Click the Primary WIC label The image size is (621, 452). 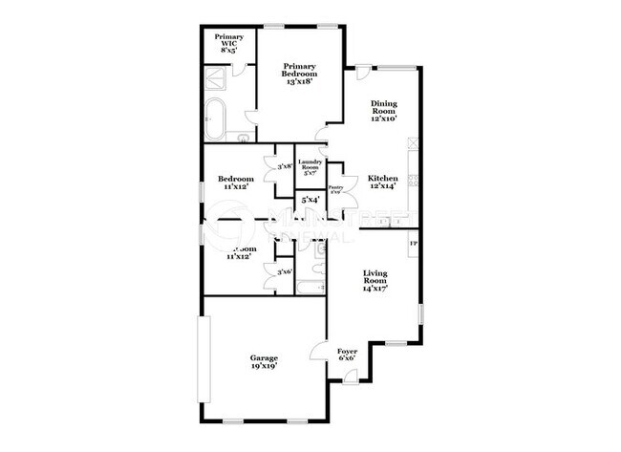[x=228, y=42]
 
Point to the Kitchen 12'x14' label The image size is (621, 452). [x=382, y=182]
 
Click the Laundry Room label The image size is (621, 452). [x=310, y=166]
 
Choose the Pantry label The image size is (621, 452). [x=335, y=189]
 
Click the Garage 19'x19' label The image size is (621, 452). [x=265, y=362]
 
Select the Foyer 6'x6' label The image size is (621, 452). [x=347, y=356]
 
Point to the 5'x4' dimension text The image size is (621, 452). [x=310, y=201]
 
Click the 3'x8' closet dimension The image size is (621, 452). [x=284, y=166]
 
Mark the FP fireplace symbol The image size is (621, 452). [x=414, y=245]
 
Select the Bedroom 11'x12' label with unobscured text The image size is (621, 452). [x=235, y=183]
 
